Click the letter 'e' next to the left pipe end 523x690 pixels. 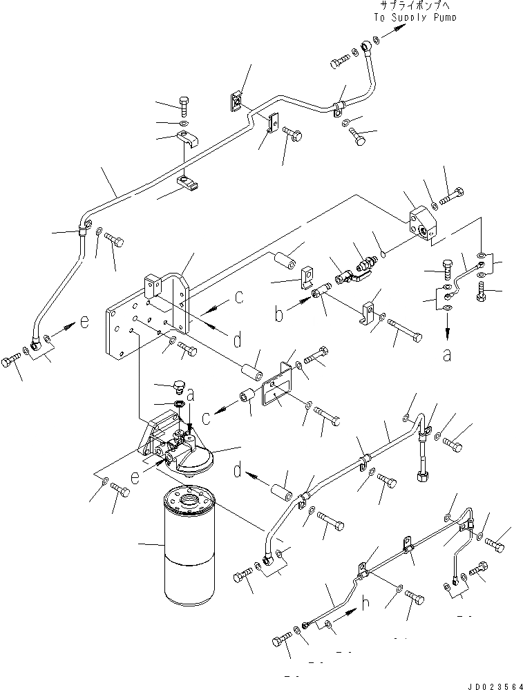click(84, 323)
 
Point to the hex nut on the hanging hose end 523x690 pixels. click(422, 476)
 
